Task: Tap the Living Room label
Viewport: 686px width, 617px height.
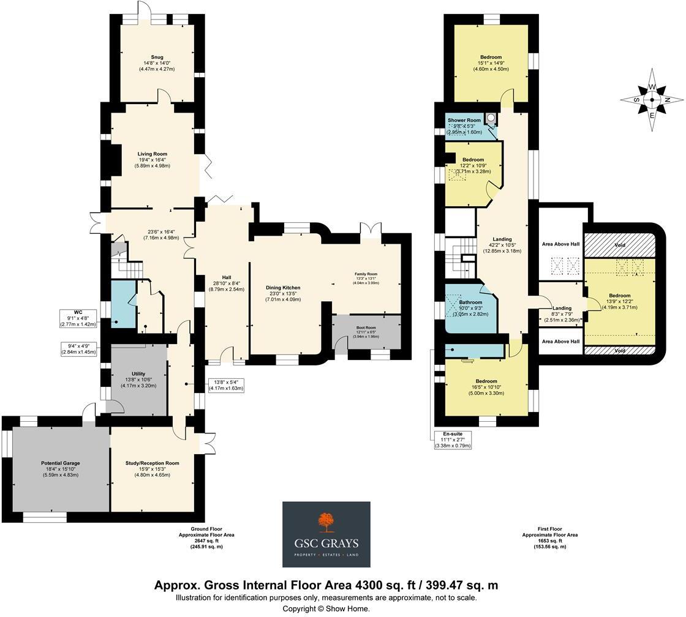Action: [152, 154]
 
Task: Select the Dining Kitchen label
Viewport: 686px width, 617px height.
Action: [283, 287]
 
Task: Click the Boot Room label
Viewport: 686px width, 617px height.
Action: [366, 327]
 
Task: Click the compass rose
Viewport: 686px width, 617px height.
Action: [652, 99]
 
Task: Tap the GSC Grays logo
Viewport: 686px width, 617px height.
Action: [326, 534]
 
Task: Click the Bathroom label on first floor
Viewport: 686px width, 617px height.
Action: [471, 302]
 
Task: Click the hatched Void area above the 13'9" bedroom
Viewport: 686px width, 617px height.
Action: [620, 245]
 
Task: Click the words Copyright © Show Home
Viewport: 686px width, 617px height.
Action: [326, 608]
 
